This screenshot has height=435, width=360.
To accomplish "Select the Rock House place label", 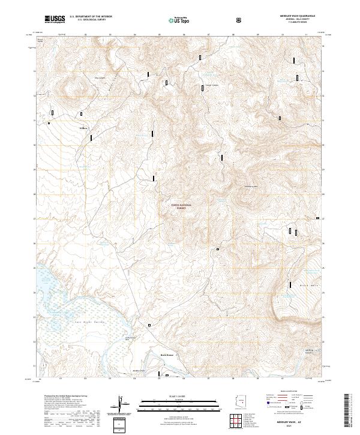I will (x=166, y=355).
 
